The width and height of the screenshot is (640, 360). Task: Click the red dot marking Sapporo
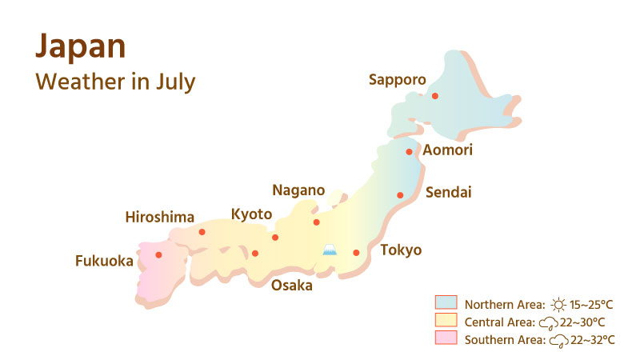435,96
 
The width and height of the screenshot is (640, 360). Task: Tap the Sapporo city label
398,79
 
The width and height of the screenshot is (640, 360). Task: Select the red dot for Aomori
409,151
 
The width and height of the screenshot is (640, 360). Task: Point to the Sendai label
449,192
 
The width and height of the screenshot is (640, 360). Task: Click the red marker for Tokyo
357,253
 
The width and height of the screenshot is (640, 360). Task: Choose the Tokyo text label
401,250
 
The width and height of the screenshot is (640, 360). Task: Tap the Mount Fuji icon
329,250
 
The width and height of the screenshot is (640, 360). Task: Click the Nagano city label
298,190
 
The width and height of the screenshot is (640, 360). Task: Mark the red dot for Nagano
316,222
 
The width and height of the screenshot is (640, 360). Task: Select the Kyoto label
251,214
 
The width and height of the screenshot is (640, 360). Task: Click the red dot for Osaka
255,254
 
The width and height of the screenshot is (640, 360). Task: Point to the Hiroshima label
160,217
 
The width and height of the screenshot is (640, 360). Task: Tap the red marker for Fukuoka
158,255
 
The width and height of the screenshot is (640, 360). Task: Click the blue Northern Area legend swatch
446,302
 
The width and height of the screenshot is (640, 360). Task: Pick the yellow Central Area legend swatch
446,321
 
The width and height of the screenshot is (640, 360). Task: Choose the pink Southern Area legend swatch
446,339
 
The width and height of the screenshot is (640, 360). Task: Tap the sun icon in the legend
558,304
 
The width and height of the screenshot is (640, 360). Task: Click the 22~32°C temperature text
593,340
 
